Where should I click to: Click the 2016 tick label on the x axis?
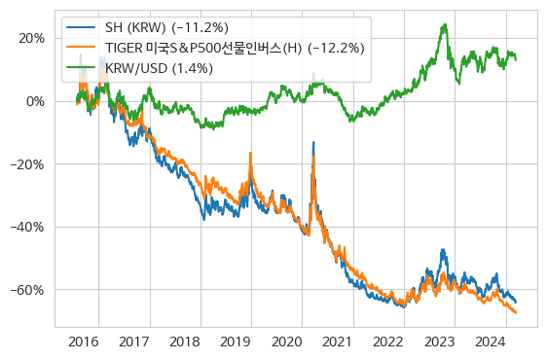[84, 342]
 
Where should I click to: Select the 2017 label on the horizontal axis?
[134, 342]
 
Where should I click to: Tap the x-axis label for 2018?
[185, 342]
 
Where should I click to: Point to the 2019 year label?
[237, 342]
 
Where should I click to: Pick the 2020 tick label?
[287, 342]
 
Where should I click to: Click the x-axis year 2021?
[338, 342]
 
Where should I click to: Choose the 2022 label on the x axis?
[389, 342]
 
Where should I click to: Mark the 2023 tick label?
[440, 342]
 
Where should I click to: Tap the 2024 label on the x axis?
[491, 342]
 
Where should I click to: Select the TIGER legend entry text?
[235, 49]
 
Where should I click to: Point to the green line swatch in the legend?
[81, 67]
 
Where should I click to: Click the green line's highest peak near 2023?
[445, 24]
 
